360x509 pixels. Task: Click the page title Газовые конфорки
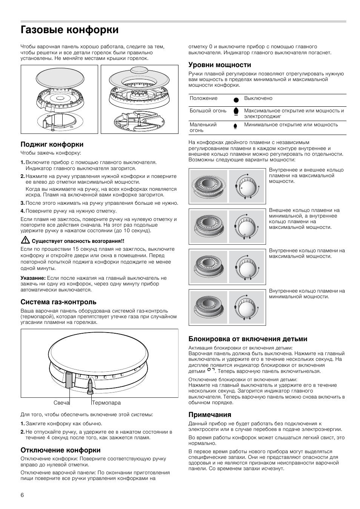[69, 30]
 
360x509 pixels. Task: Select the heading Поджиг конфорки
[52, 144]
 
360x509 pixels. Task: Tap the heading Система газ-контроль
[58, 302]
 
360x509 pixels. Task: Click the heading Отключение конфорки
[60, 450]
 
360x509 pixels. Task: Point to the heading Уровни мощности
[220, 65]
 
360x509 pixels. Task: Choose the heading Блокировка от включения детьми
[248, 339]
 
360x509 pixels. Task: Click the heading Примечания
[210, 415]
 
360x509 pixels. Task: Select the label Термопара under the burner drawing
[107, 403]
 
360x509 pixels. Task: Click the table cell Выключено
[258, 98]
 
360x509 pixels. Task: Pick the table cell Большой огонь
[208, 111]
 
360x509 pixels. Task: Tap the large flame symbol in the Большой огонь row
[236, 112]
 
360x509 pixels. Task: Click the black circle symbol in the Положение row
[236, 100]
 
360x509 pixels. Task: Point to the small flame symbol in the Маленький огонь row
[235, 126]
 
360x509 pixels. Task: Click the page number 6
[22, 495]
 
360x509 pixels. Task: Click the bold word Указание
[33, 278]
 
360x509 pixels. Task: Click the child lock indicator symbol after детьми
[211, 370]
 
